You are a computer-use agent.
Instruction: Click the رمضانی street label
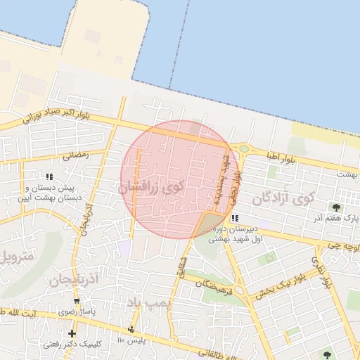click(x=75, y=156)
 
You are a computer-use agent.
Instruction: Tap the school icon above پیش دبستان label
click(x=49, y=176)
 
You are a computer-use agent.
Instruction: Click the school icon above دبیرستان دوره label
click(x=234, y=218)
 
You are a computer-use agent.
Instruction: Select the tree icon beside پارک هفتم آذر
click(x=337, y=207)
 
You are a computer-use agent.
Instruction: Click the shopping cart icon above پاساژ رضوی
click(x=76, y=301)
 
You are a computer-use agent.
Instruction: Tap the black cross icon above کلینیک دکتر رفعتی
click(x=72, y=333)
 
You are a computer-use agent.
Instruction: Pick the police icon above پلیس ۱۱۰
click(x=131, y=329)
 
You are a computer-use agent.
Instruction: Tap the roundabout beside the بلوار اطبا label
click(x=243, y=148)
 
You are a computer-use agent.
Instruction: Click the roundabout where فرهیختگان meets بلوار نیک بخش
click(x=240, y=289)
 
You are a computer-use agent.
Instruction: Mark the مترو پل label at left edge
click(x=14, y=256)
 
